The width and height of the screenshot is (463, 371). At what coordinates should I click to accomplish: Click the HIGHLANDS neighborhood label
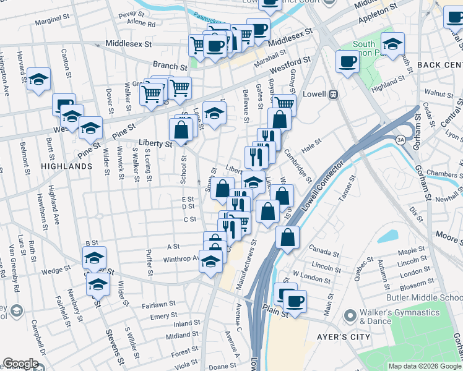(x=66, y=166)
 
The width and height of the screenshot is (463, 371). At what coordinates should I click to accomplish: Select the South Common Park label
(x=364, y=49)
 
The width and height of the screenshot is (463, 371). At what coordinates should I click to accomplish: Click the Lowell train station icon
(x=333, y=95)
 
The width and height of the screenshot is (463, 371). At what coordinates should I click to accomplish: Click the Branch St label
(x=170, y=66)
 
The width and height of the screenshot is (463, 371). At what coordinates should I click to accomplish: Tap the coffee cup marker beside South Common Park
(x=347, y=62)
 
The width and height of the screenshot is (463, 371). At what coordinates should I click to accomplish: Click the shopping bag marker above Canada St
(x=288, y=237)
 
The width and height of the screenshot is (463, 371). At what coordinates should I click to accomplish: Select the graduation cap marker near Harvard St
(x=38, y=79)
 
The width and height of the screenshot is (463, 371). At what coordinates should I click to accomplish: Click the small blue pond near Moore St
(x=387, y=236)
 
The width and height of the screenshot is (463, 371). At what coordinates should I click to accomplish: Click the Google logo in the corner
(x=20, y=364)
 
